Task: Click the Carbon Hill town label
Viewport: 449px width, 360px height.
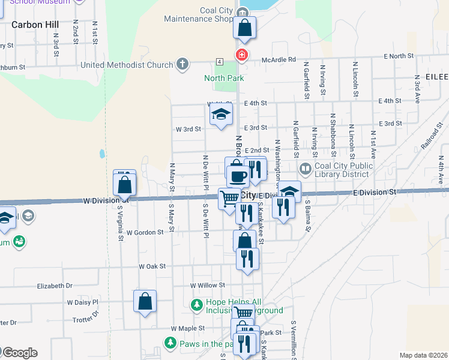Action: point(35,25)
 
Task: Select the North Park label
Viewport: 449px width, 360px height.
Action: point(224,78)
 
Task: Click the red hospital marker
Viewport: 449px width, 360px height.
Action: point(242,55)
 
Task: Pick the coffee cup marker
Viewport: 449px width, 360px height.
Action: point(238,175)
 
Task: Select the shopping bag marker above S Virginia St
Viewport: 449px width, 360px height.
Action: point(124,184)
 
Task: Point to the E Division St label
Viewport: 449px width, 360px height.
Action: point(375,192)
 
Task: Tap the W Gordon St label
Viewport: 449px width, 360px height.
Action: point(144,232)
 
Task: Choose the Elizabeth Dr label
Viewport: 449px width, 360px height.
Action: point(55,287)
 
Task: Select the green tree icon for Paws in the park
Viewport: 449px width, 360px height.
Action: point(170,343)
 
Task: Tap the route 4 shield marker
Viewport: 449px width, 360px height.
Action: point(220,62)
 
